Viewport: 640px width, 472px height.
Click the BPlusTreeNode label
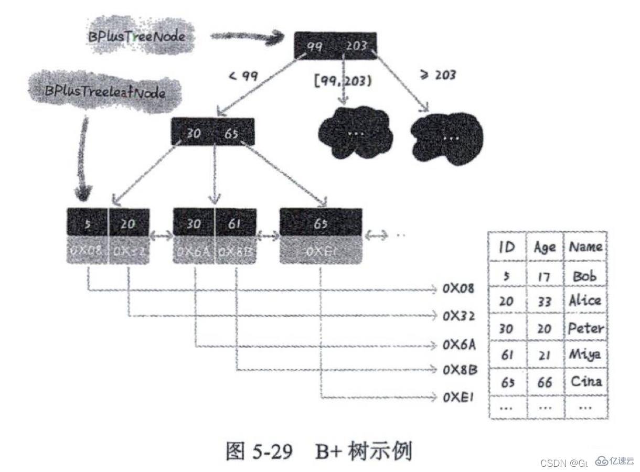tap(136, 37)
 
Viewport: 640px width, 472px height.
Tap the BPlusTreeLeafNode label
tap(105, 93)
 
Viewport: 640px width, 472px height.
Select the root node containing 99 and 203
tap(335, 46)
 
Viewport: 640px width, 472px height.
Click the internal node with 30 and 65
tap(212, 133)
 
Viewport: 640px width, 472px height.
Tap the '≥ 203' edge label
tap(438, 75)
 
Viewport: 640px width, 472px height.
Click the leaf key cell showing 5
tap(88, 224)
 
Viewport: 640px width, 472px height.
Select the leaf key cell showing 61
tap(235, 224)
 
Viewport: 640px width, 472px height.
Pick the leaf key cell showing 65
tap(321, 224)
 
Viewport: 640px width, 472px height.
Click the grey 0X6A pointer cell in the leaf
tap(194, 251)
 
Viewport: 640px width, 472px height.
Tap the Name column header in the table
tap(585, 246)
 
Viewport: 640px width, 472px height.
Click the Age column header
tap(545, 247)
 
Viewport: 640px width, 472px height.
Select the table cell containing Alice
tap(585, 301)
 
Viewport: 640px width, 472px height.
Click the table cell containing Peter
tap(585, 328)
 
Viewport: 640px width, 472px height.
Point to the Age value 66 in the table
tap(545, 382)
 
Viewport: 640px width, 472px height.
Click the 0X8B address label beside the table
tap(460, 370)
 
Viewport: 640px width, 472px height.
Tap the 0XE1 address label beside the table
tap(458, 397)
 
